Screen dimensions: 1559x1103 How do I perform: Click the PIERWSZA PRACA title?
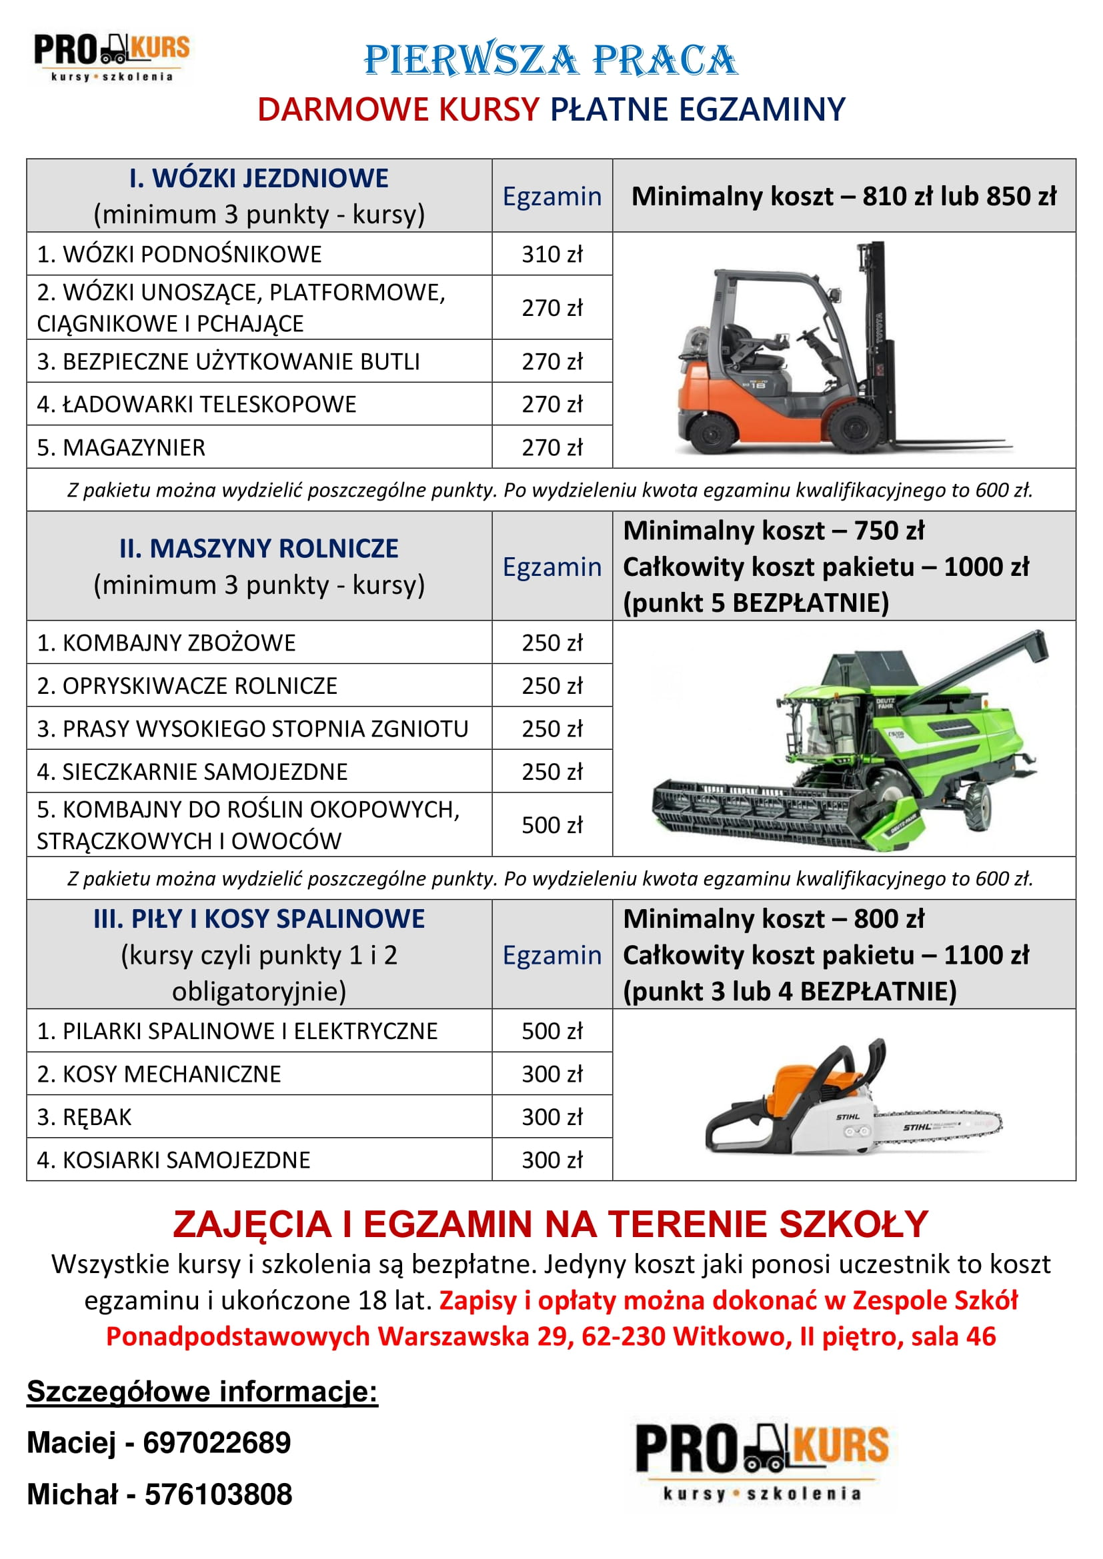[550, 60]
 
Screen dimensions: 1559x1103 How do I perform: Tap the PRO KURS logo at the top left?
[112, 57]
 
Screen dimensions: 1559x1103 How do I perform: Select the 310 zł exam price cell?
[551, 254]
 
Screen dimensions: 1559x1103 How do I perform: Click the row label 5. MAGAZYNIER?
[121, 447]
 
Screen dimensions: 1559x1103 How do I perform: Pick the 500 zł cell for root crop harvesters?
[551, 825]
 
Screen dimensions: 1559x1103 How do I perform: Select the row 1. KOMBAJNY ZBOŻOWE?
[167, 643]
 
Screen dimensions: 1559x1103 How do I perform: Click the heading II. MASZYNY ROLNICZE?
[259, 549]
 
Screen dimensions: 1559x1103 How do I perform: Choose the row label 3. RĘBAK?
[84, 1117]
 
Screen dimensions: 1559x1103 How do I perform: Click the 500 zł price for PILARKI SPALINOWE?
[551, 1030]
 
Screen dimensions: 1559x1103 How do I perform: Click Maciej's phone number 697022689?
[217, 1442]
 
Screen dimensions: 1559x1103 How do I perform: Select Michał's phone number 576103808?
[218, 1494]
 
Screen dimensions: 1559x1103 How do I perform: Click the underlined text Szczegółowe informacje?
[201, 1391]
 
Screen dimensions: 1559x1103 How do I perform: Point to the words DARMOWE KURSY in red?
[398, 109]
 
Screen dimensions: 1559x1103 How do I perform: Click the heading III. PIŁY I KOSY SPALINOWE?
[259, 918]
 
